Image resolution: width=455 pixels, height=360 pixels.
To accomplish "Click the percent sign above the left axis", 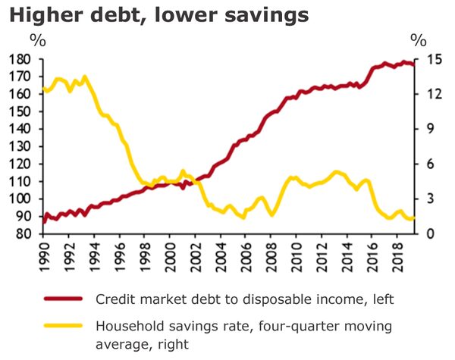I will click(36, 39).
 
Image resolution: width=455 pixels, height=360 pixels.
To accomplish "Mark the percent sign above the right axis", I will click(418, 39).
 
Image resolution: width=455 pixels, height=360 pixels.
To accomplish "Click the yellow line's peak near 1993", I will click(83, 77).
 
